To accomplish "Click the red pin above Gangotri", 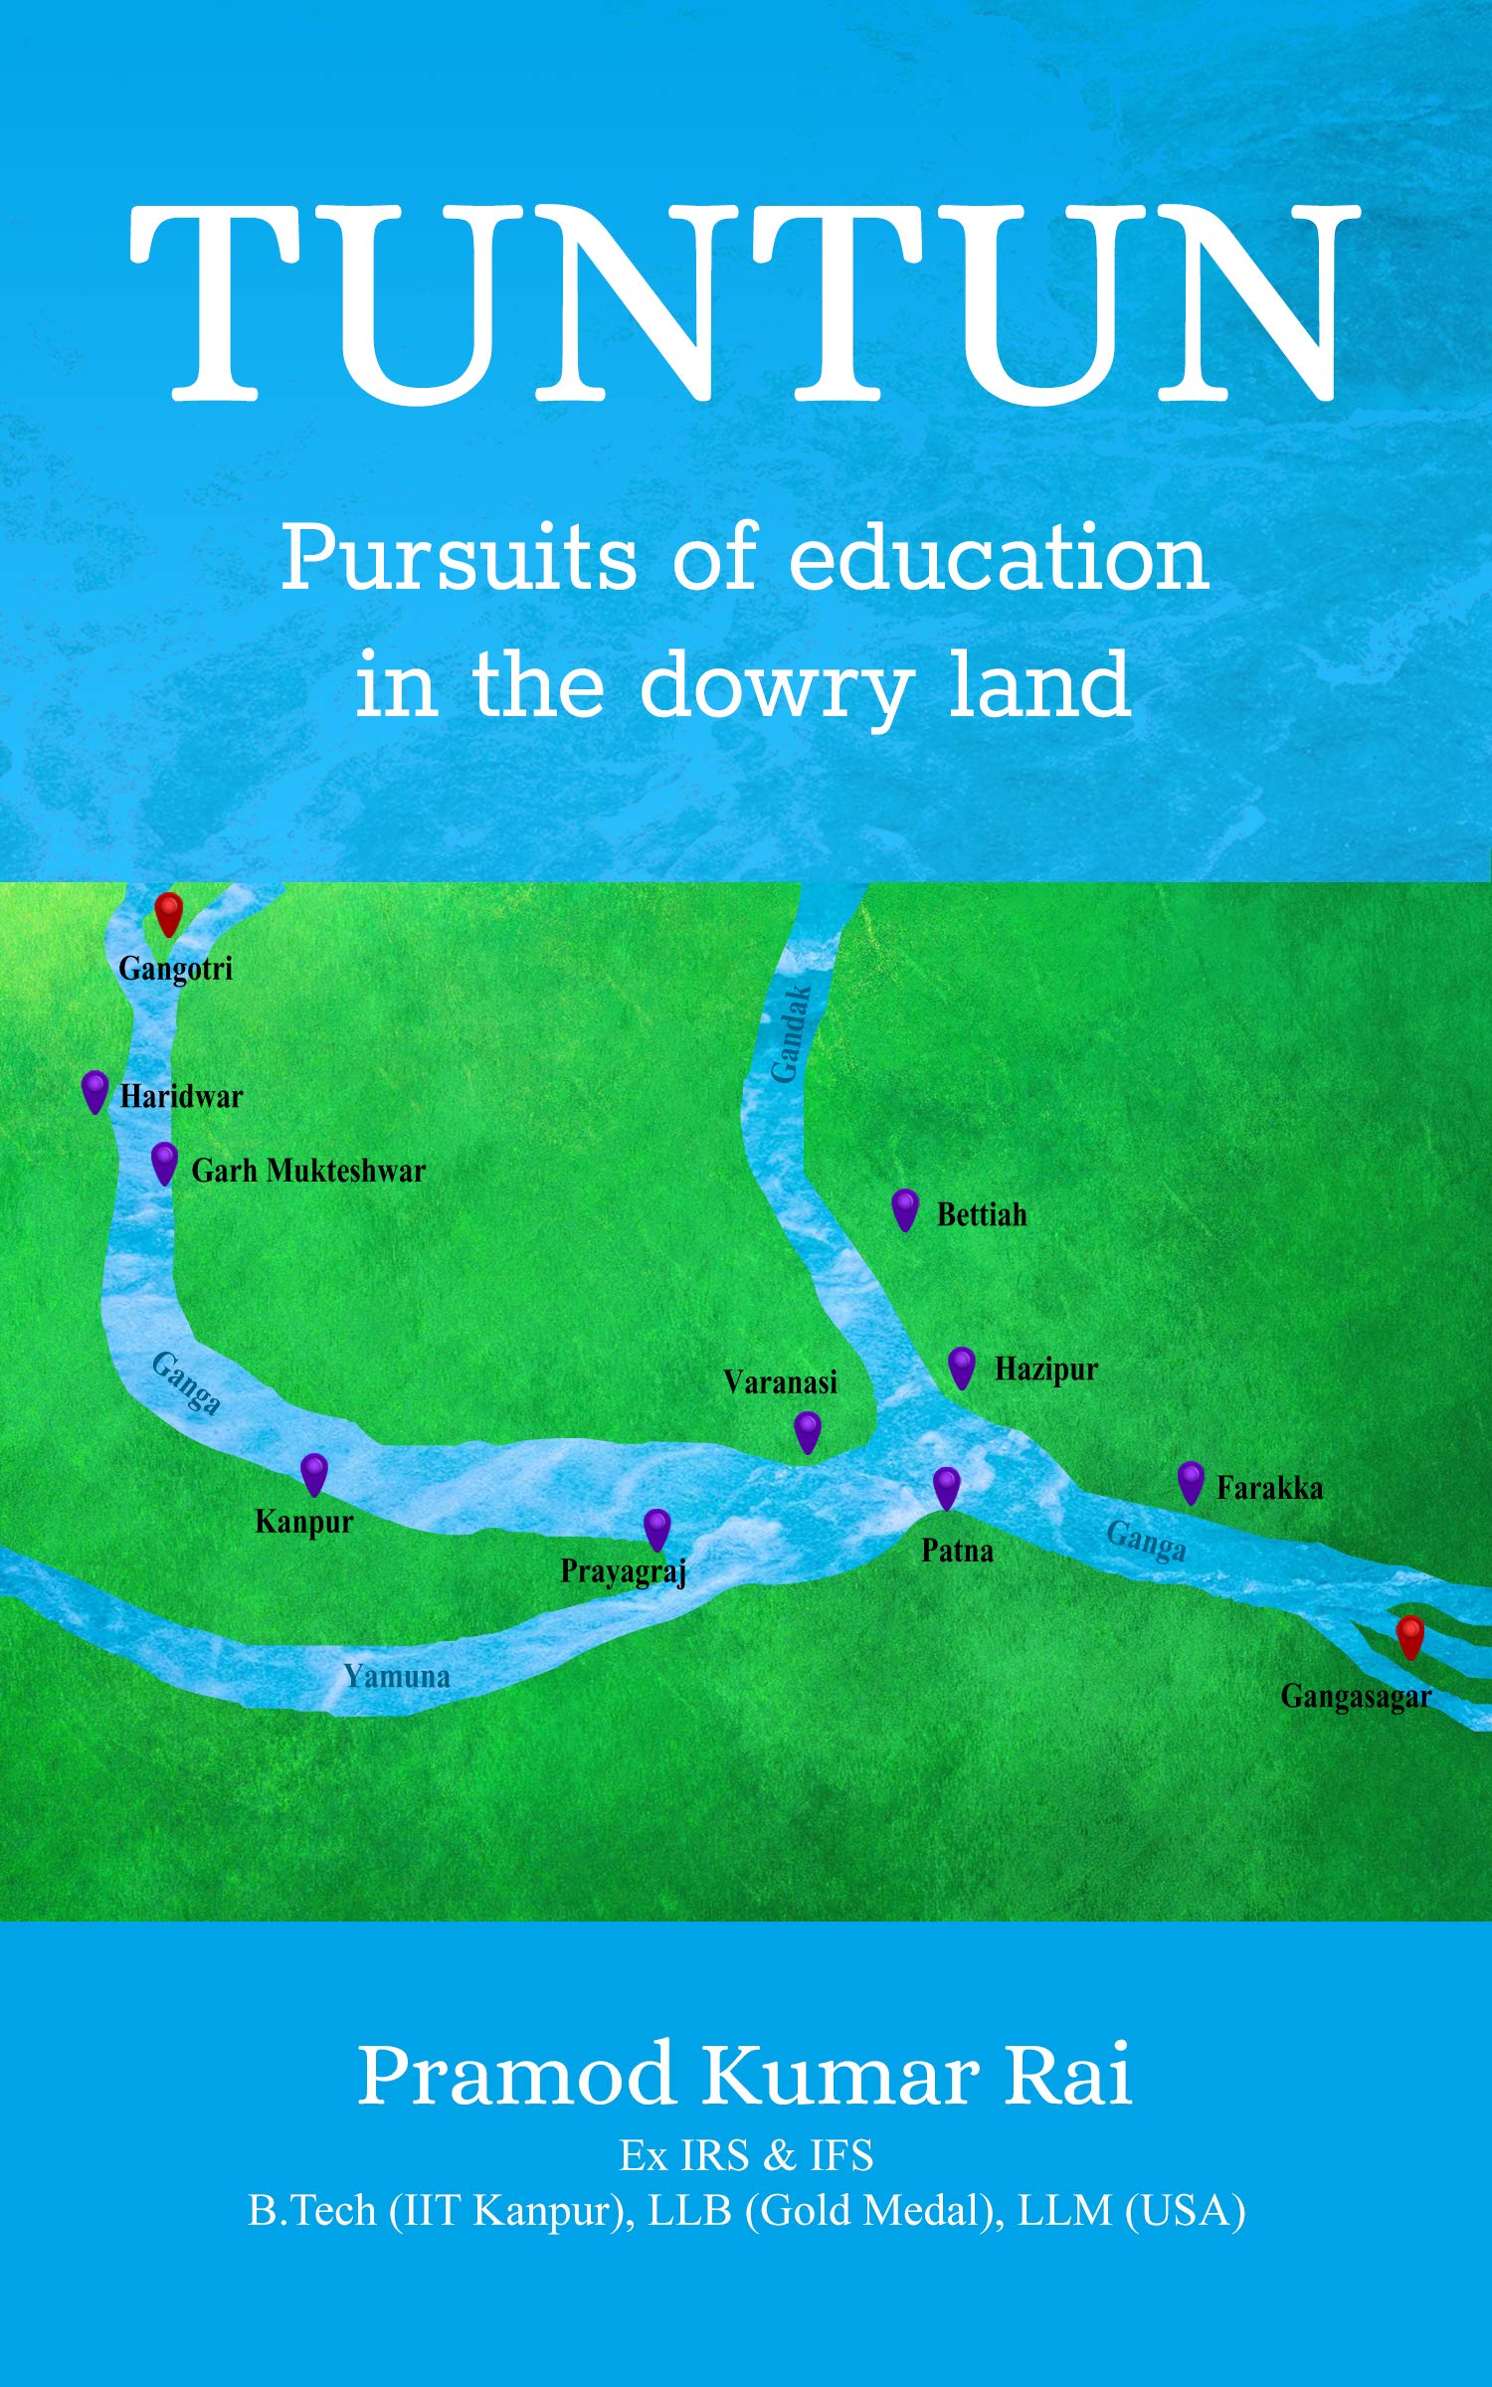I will point(169,911).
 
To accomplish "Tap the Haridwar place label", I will point(181,1097).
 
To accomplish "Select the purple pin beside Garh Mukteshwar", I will point(164,1162).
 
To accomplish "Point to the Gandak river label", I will point(792,1034).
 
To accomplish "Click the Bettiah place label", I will point(982,1214).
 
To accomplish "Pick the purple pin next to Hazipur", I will point(961,1367).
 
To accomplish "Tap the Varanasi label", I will point(780,1381).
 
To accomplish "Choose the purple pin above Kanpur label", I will point(314,1473).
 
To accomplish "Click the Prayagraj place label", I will point(624,1571).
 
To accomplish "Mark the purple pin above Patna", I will point(946,1487).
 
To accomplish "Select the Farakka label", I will point(1269,1488).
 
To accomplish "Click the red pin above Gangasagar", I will point(1409,1636).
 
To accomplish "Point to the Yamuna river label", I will point(397,1676).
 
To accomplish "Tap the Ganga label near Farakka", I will point(1146,1542).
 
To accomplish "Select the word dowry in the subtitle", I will point(776,686).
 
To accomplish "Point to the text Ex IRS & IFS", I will point(746,2155).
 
